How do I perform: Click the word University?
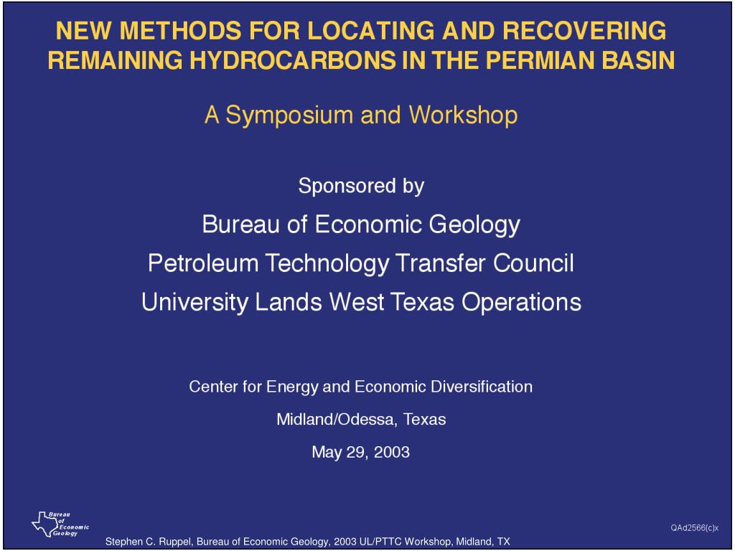coord(195,301)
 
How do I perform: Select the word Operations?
coord(521,301)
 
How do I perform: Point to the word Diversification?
coord(482,387)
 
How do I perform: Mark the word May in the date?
coord(324,453)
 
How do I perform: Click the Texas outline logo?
coord(43,524)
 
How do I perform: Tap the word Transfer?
coord(440,263)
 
